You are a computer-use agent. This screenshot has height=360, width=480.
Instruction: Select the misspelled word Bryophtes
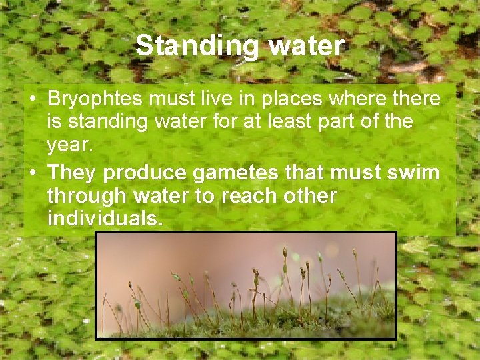click(95, 99)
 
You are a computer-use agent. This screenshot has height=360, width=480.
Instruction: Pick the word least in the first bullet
click(321, 122)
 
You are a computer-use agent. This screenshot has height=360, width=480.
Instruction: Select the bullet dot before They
click(32, 173)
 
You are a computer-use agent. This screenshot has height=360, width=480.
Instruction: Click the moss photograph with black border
click(245, 285)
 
